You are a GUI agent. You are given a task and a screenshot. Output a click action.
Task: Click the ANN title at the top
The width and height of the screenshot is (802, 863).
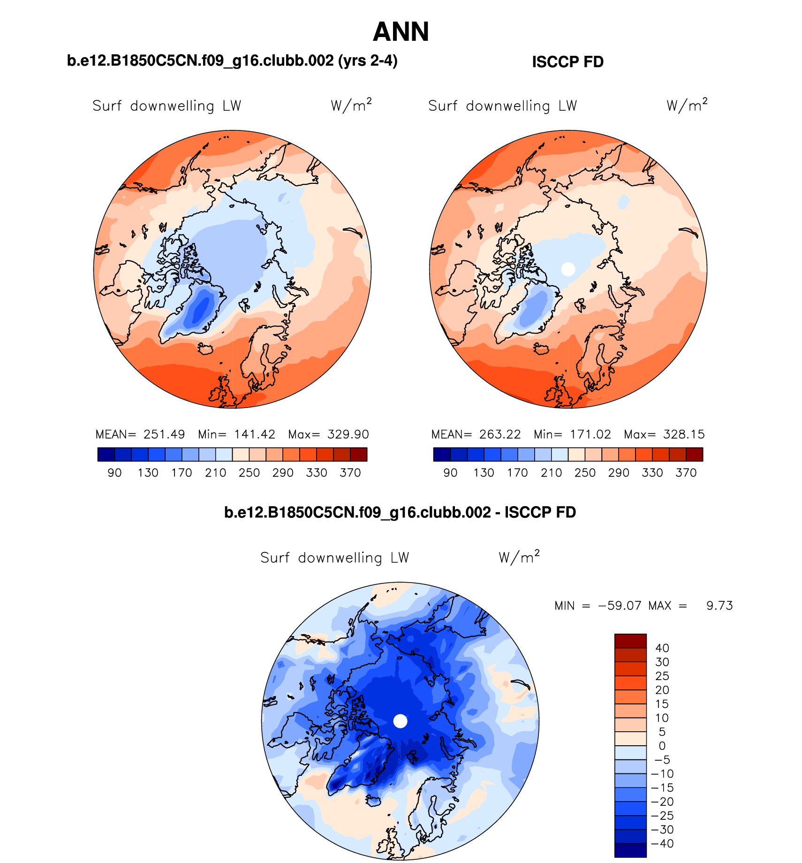[401, 32]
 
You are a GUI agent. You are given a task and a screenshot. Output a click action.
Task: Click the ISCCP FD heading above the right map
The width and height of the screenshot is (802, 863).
[567, 62]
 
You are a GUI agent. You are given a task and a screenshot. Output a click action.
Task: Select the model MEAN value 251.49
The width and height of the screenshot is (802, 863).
[164, 434]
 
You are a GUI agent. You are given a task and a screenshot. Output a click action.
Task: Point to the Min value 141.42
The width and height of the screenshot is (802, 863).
[255, 434]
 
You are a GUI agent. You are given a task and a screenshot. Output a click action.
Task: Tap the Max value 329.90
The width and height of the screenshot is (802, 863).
[348, 434]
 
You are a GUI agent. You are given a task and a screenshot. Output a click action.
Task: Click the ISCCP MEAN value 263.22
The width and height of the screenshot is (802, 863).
[500, 434]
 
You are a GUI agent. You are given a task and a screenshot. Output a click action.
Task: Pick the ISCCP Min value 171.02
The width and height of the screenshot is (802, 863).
[590, 434]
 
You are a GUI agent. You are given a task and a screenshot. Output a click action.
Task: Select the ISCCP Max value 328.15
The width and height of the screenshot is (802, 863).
[684, 434]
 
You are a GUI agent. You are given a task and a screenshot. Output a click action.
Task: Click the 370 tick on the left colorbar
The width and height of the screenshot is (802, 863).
[350, 473]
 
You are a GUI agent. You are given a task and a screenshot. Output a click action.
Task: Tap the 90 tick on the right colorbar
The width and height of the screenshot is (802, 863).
[450, 473]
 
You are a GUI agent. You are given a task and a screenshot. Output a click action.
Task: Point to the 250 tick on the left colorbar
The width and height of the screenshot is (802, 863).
[249, 473]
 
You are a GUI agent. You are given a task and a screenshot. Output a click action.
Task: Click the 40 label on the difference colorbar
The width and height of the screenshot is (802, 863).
[662, 648]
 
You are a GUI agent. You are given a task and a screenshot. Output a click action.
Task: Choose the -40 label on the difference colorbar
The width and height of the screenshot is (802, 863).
[662, 844]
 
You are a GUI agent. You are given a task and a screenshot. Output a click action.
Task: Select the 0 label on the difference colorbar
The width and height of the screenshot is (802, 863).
[662, 746]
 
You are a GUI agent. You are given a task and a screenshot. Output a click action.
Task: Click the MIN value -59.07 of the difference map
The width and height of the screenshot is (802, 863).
[620, 606]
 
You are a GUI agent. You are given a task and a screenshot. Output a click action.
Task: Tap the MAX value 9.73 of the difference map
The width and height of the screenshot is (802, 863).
[719, 606]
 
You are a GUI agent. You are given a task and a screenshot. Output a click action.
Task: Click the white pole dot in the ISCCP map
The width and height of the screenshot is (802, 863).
[568, 269]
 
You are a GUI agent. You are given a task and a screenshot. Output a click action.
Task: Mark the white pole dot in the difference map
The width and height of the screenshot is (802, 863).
[400, 721]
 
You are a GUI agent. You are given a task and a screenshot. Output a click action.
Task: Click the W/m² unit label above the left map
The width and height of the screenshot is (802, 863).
[351, 105]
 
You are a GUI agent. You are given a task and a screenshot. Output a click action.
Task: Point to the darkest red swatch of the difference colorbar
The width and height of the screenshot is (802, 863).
[630, 641]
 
